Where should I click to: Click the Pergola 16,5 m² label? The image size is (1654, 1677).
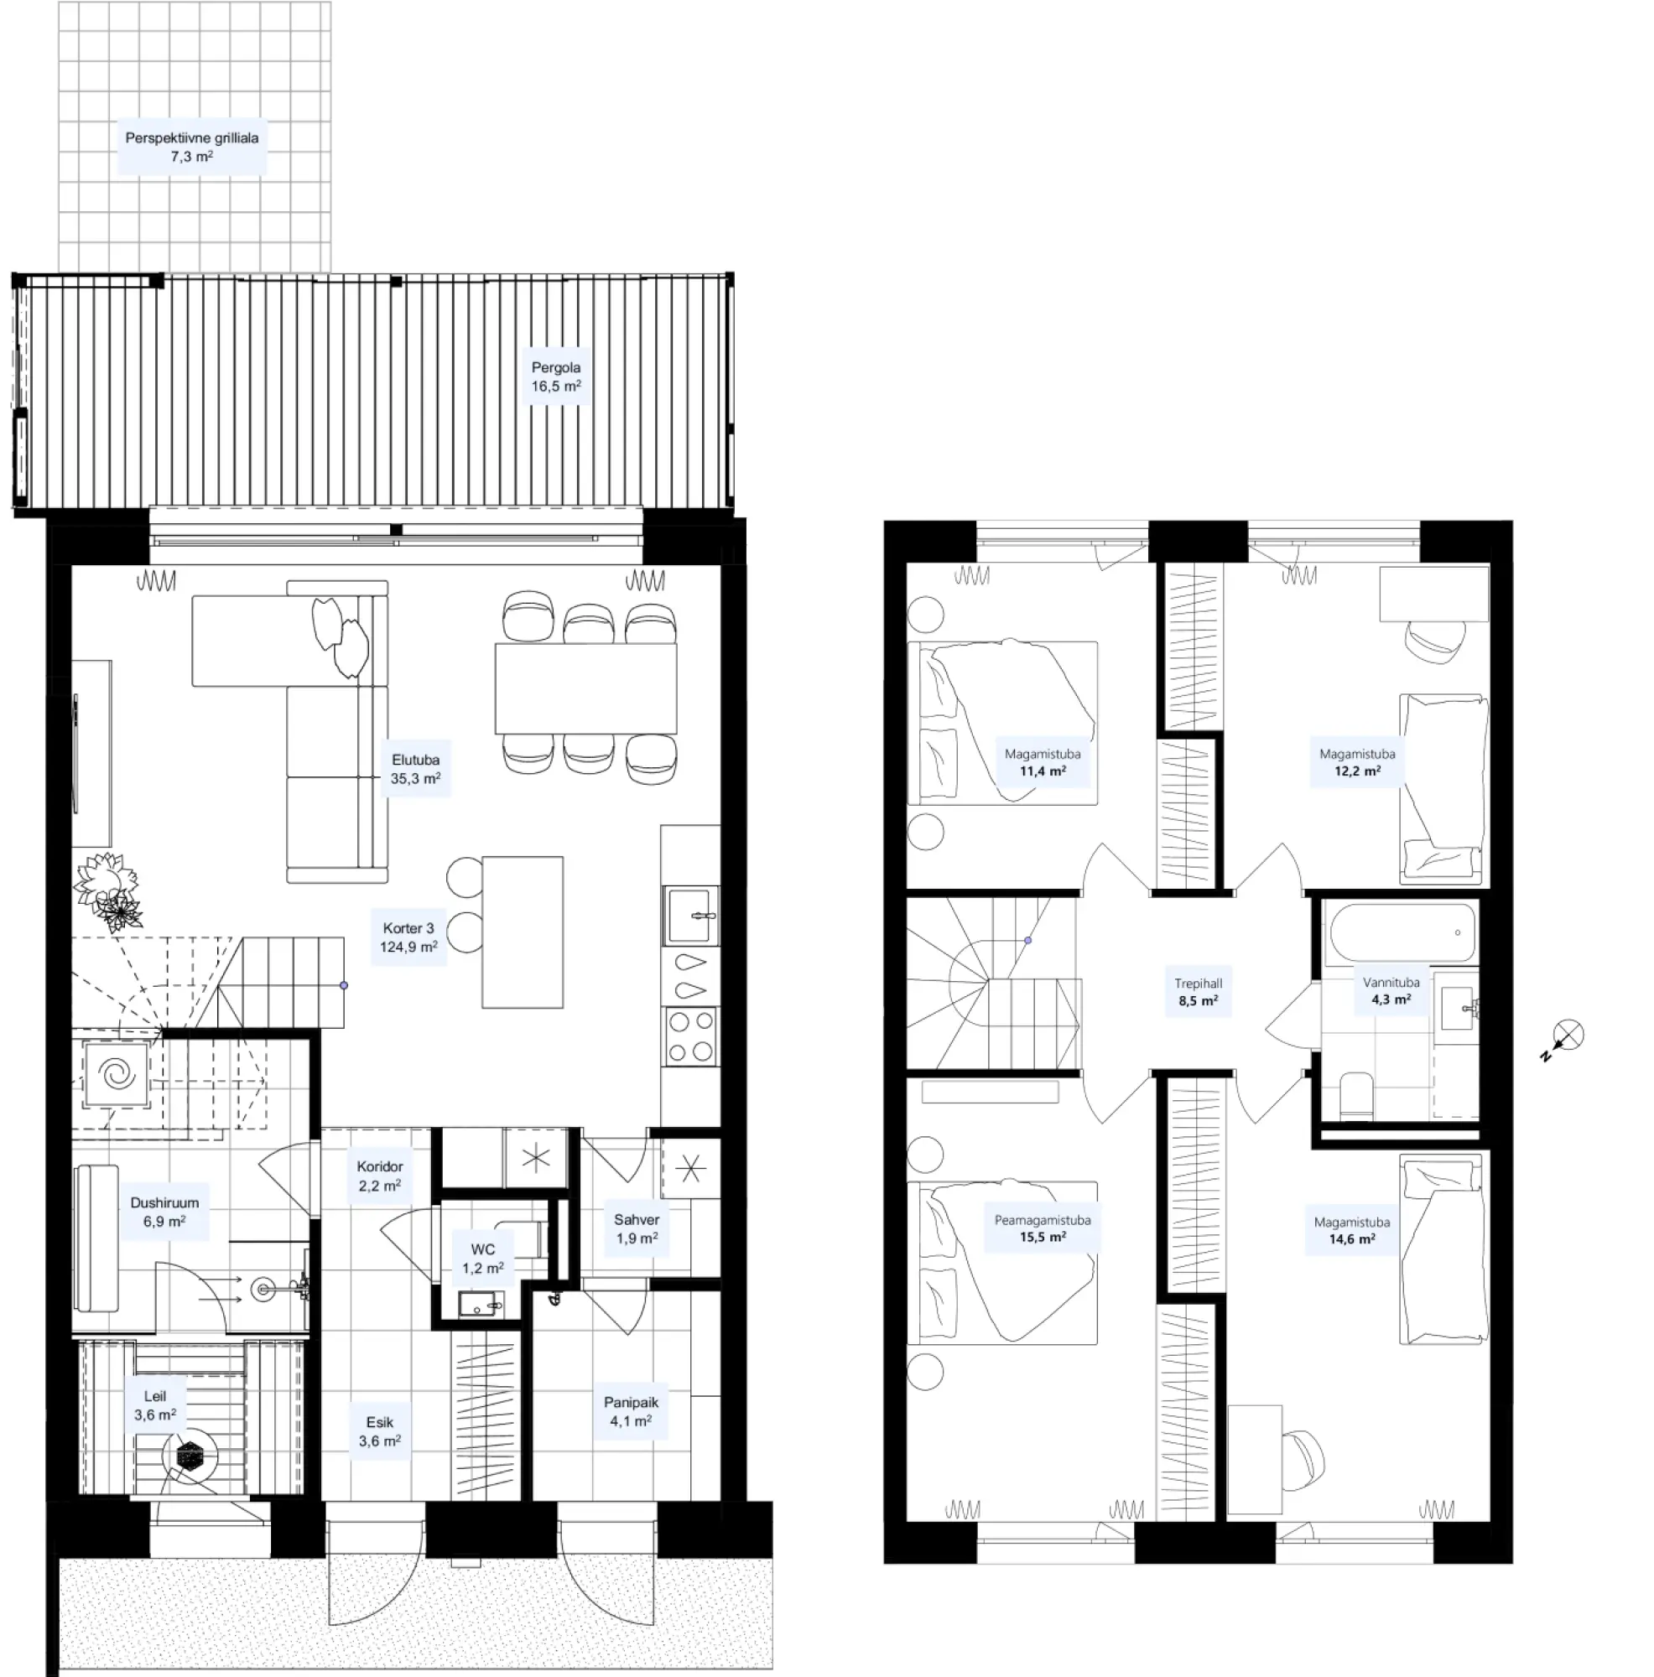(x=556, y=376)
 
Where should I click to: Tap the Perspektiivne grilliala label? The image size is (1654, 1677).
(x=192, y=138)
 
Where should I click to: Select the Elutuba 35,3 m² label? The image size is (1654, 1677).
(x=415, y=769)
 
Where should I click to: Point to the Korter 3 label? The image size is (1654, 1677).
(x=408, y=928)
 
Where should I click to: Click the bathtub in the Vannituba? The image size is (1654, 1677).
(x=1402, y=933)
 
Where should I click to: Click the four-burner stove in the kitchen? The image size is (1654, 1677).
(x=690, y=1036)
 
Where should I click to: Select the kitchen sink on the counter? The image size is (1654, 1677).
(x=691, y=915)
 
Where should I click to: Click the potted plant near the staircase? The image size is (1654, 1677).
(x=107, y=891)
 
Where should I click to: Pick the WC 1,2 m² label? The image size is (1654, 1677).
(x=483, y=1259)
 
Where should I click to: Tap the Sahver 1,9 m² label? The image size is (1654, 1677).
(x=637, y=1228)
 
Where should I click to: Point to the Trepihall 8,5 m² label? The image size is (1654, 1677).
(x=1199, y=991)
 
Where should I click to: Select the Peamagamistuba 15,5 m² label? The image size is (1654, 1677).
(x=1042, y=1228)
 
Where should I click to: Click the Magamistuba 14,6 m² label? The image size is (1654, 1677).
(x=1352, y=1230)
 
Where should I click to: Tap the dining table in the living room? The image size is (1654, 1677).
(x=585, y=688)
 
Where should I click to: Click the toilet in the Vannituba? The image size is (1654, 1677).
(x=1356, y=1096)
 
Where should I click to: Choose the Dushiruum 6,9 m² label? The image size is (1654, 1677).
(x=164, y=1212)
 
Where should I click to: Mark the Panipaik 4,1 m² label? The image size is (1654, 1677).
(x=632, y=1411)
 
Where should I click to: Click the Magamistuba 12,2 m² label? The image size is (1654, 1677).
(x=1357, y=762)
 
